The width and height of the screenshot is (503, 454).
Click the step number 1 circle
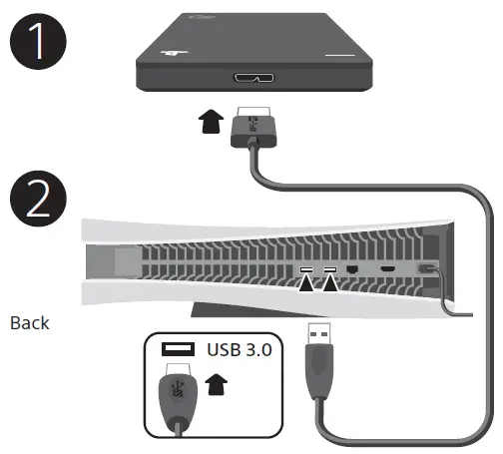(x=38, y=45)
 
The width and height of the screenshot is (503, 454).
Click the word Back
(x=29, y=323)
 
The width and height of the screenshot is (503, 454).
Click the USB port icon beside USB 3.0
(x=178, y=350)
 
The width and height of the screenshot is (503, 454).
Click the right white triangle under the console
(x=330, y=286)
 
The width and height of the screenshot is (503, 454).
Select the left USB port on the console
(x=306, y=270)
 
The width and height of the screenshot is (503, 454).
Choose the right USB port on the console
(x=329, y=270)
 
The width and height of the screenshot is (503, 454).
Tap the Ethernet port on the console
(x=353, y=270)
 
